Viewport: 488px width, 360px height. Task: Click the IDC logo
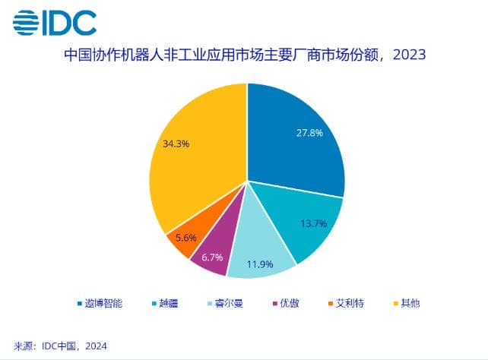click(x=55, y=22)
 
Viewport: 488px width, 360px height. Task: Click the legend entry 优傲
click(x=289, y=303)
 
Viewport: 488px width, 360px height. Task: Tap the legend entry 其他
click(x=410, y=303)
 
